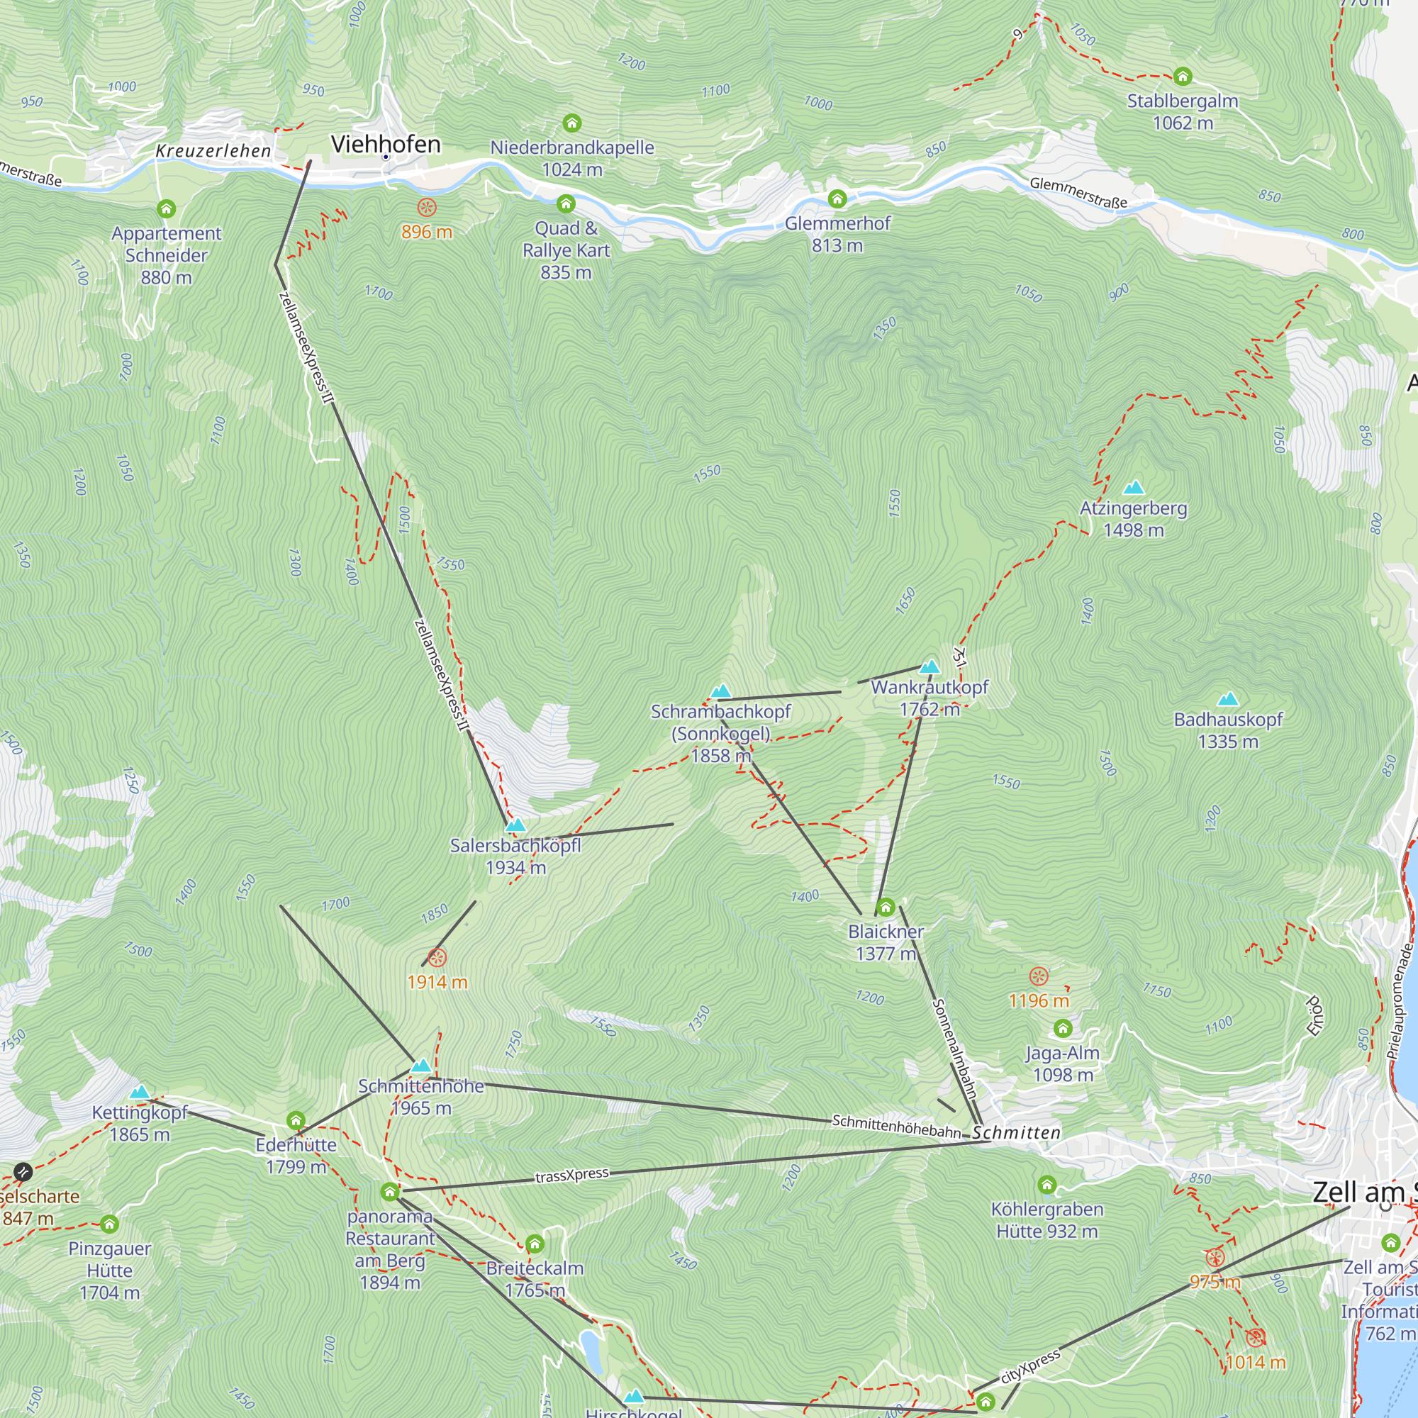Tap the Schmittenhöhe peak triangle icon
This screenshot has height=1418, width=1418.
[x=420, y=1066]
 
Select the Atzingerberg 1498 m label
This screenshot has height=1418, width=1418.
[x=1133, y=519]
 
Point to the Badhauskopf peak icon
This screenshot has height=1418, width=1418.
[x=1228, y=700]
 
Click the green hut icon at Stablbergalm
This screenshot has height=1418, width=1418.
[x=1183, y=77]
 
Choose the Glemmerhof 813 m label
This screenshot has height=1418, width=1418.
[x=837, y=234]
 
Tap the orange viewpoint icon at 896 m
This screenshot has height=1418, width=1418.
[x=426, y=208]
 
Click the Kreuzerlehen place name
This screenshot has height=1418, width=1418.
[x=213, y=151]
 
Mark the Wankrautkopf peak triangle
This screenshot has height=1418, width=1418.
[x=930, y=667]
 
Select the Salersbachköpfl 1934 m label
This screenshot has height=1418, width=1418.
[x=515, y=856]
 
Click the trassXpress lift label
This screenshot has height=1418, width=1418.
[x=571, y=1175]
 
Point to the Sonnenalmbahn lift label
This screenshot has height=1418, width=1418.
[x=954, y=1048]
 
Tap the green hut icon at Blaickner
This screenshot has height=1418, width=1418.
[x=886, y=908]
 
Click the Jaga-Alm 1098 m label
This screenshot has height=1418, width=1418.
[x=1062, y=1063]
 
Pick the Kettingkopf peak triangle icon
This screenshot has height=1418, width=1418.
[x=140, y=1093]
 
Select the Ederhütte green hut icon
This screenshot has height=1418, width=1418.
[x=296, y=1121]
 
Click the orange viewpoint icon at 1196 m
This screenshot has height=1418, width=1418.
[x=1039, y=976]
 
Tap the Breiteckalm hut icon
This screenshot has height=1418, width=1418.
[x=535, y=1244]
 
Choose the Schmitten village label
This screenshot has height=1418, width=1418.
[x=1017, y=1133]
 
